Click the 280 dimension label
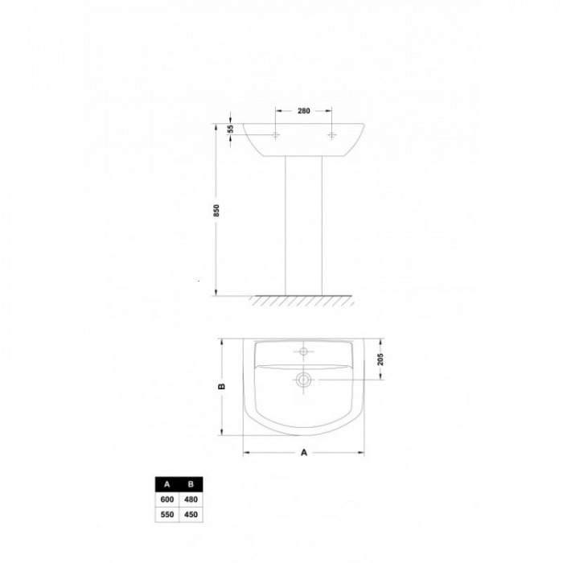304,111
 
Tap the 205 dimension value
380,360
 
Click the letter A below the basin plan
304,453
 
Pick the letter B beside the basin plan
222,386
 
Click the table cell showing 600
166,499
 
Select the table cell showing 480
190,499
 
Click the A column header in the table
166,484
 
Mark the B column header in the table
190,484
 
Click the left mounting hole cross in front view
275,136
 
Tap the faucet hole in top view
304,351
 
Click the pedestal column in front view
304,225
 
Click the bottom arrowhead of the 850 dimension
217,293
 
